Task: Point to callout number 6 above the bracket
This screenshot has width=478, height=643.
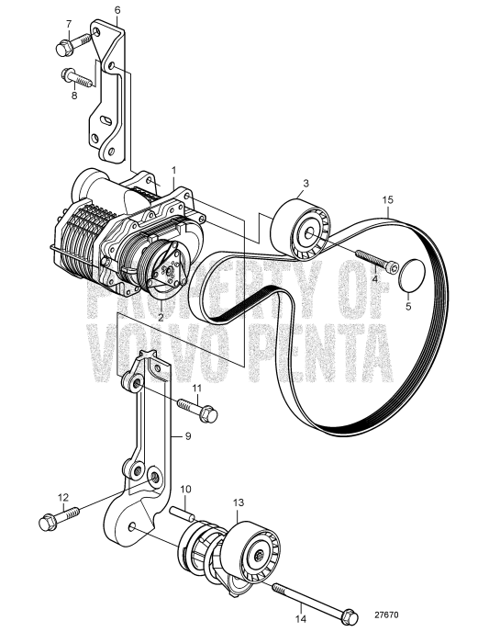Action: [117, 10]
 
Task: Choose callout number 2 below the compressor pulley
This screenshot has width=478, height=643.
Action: [161, 315]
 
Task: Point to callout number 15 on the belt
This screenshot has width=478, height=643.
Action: [389, 198]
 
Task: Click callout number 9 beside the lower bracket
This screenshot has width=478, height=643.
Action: [189, 438]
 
